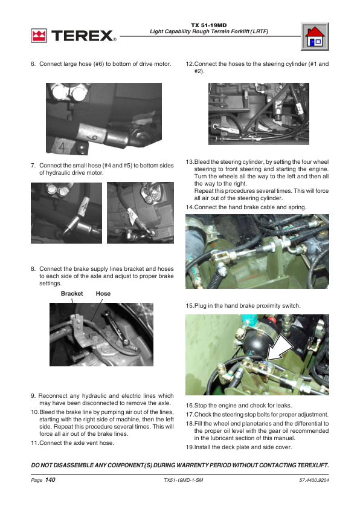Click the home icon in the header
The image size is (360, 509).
click(315, 36)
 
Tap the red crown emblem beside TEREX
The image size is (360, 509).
click(39, 36)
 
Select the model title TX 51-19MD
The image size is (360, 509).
click(209, 25)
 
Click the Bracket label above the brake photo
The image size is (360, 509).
click(72, 293)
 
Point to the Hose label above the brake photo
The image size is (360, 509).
click(103, 293)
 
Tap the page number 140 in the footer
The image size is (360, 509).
click(50, 480)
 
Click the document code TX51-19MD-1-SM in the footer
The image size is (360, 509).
click(184, 480)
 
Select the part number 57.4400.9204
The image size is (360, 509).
click(314, 480)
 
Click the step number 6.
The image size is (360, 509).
click(33, 64)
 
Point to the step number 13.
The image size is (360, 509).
click(190, 161)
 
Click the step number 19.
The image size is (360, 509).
click(190, 447)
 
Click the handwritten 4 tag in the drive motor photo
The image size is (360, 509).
click(62, 147)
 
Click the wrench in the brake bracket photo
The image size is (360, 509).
click(116, 328)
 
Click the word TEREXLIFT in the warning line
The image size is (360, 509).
click(313, 465)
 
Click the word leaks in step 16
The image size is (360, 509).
click(284, 406)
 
